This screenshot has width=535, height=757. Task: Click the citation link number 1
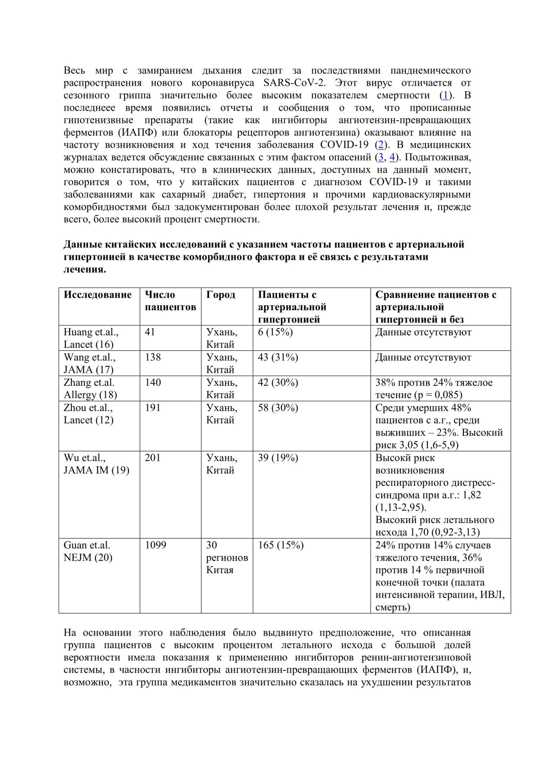pos(446,95)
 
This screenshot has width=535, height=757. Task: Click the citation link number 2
pos(381,145)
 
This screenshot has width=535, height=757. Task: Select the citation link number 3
pos(381,157)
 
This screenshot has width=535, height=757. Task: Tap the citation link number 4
pos(392,157)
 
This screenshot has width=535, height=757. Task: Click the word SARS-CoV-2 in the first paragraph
pos(294,83)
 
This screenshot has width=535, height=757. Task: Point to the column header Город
pos(221,295)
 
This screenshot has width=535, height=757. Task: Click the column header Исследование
pos(98,295)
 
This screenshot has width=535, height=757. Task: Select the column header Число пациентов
pos(170,301)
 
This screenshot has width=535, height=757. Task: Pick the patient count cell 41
pos(150,332)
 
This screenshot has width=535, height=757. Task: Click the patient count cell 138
pos(153,357)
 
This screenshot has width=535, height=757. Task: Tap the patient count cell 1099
pos(155,545)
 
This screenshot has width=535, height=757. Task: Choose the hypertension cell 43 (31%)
pos(278,357)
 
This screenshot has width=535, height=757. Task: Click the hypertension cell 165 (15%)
pos(281,545)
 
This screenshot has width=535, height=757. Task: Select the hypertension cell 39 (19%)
pos(278,458)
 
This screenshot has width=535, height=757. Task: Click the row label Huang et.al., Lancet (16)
pos(91,338)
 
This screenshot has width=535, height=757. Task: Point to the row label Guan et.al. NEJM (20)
pos(88,551)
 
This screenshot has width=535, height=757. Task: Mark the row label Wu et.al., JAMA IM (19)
pos(96,464)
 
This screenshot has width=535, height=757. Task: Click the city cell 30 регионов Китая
pos(227,558)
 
